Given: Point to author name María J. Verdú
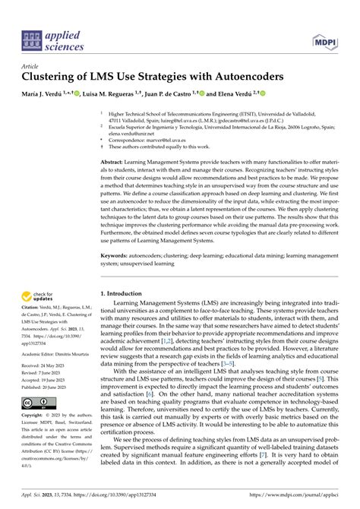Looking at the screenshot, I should point(46,92).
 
